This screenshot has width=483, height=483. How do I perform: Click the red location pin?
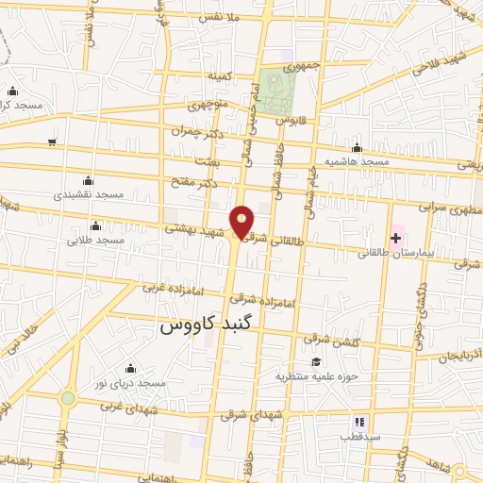[242, 222]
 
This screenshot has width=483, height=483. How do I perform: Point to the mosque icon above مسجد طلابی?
[95, 225]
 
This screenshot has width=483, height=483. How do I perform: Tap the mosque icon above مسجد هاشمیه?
[357, 147]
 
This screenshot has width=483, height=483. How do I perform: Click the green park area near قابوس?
[278, 92]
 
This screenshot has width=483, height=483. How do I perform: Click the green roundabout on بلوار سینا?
[67, 399]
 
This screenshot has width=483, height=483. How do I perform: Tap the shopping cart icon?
[52, 142]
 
